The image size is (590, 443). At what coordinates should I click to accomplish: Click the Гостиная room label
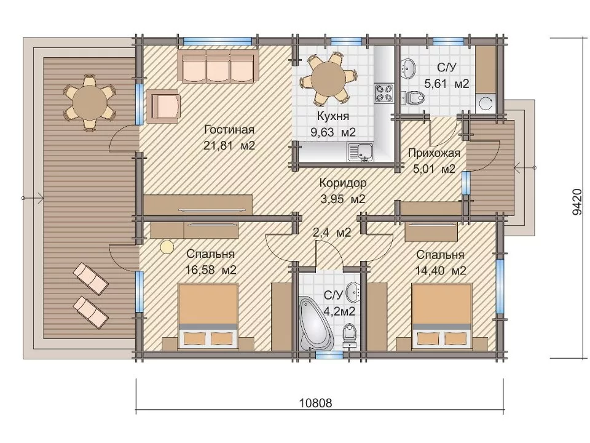(x=229, y=130)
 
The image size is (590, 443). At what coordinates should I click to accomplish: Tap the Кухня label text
(x=333, y=116)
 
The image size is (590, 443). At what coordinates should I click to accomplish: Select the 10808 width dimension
(x=316, y=403)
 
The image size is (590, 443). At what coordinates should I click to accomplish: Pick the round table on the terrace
(x=90, y=102)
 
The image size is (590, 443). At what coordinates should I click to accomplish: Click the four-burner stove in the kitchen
(x=383, y=93)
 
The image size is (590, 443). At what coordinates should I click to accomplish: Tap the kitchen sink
(x=361, y=151)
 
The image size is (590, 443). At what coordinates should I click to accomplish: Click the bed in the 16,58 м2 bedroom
(x=208, y=316)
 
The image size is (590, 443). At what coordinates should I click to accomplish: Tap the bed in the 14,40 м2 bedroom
(x=442, y=316)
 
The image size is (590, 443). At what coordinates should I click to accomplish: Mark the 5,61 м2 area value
(x=447, y=84)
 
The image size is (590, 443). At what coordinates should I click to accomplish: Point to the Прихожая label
(x=434, y=153)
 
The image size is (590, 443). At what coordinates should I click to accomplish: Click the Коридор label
(x=343, y=183)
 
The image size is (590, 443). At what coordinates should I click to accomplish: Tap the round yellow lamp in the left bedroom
(x=167, y=247)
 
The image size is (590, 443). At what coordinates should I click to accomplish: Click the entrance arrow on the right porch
(x=525, y=167)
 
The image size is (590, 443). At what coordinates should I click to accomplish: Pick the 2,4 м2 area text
(x=332, y=233)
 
